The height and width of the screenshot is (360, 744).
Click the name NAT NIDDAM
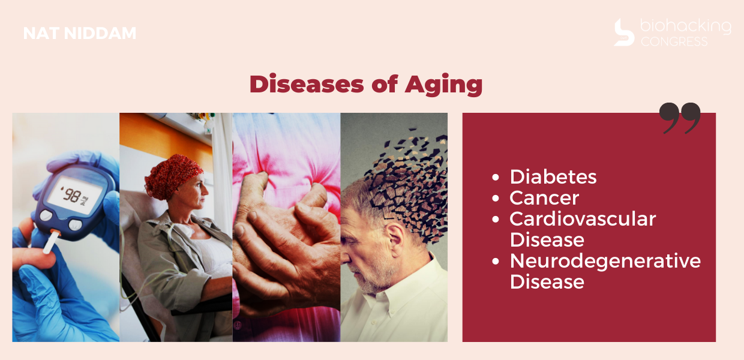tap(80, 33)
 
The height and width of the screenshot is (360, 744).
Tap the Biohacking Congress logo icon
tap(624, 32)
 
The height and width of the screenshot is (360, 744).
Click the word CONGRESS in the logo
tap(674, 41)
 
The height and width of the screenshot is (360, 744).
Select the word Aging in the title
tap(443, 85)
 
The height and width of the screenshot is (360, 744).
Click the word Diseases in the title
tap(307, 83)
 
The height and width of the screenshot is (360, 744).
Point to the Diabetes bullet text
tap(553, 176)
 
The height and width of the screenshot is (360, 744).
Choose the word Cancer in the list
tap(544, 198)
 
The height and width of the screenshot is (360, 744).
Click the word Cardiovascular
tap(583, 219)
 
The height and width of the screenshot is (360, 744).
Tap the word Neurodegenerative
tap(605, 261)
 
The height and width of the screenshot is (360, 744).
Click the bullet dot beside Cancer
tap(496, 198)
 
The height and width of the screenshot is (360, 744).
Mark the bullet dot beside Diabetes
tap(496, 177)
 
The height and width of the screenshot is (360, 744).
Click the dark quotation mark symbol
tap(680, 118)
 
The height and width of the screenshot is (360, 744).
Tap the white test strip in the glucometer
tap(50, 243)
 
